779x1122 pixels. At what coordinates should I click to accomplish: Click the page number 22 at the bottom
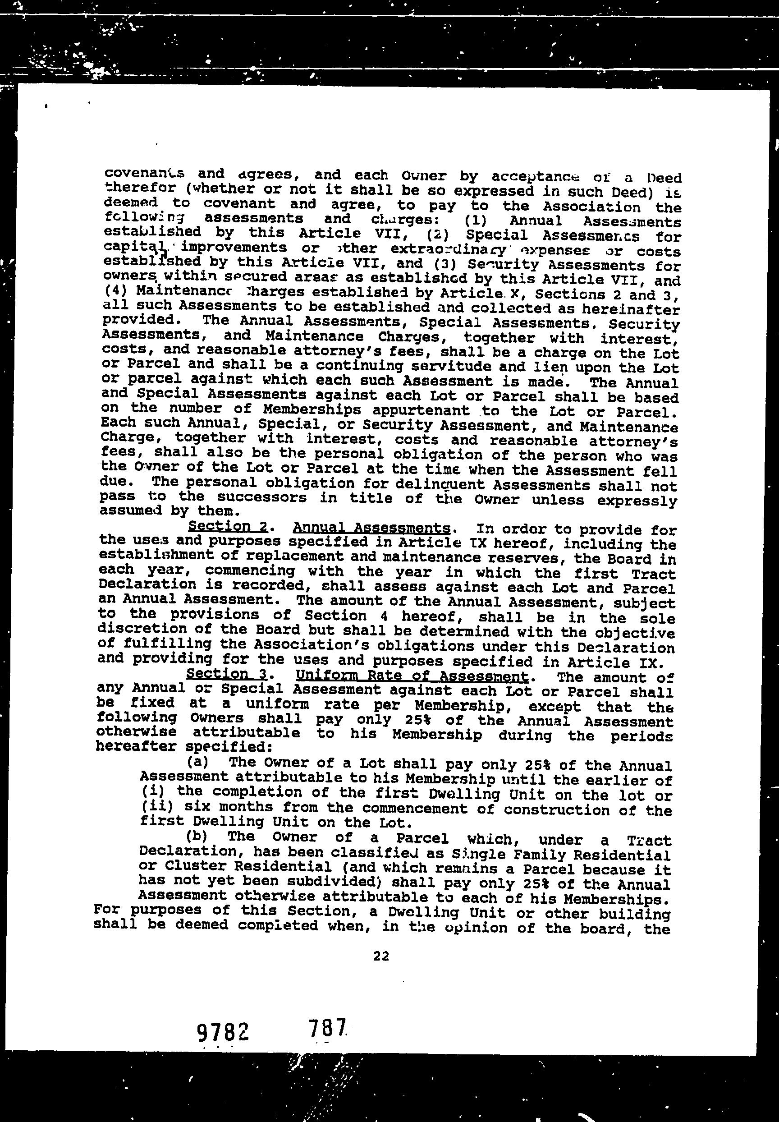pyautogui.click(x=381, y=956)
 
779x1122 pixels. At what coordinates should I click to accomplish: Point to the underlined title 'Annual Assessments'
pyautogui.click(x=371, y=527)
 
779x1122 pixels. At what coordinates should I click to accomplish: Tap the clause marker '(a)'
pyautogui.click(x=197, y=761)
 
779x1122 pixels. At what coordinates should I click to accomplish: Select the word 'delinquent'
pyautogui.click(x=448, y=484)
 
